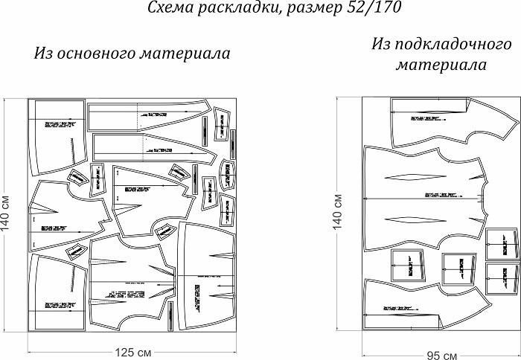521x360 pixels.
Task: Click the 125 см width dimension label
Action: (133, 351)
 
